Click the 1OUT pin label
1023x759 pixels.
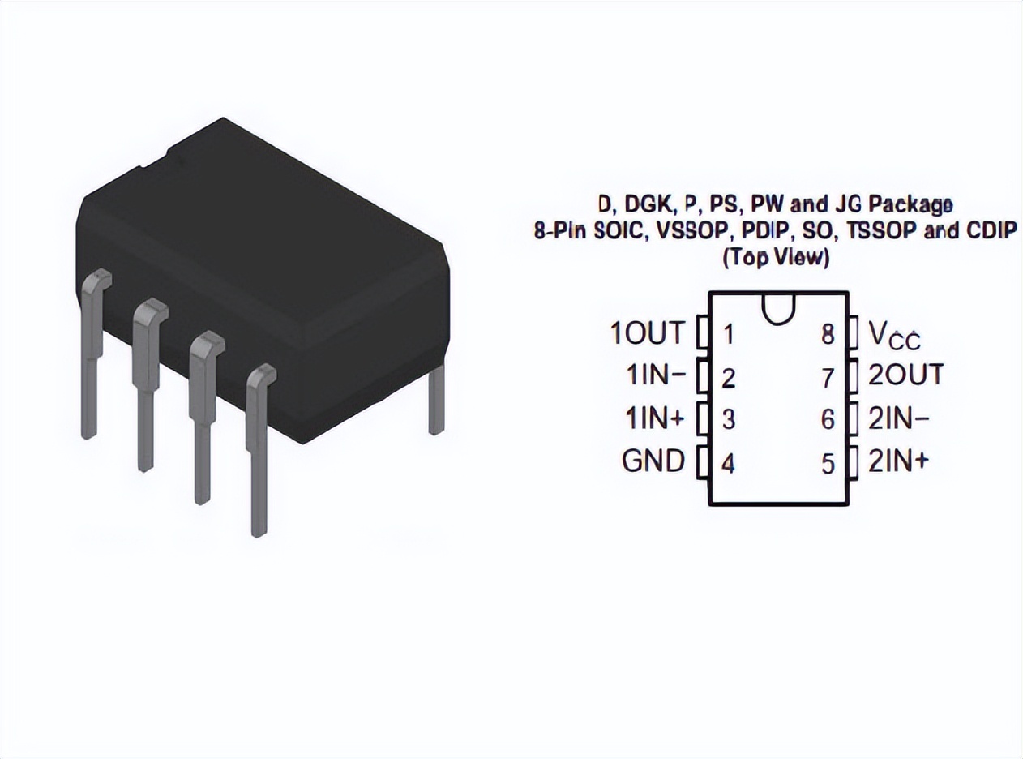[x=647, y=332]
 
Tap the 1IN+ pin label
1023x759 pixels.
[x=655, y=418]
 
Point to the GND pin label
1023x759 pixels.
[x=653, y=461]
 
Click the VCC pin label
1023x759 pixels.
[x=894, y=333]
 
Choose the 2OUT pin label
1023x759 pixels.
[x=905, y=375]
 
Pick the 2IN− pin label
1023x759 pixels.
[x=899, y=418]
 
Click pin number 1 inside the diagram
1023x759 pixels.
[x=728, y=334]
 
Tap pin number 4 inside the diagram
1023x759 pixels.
[x=728, y=465]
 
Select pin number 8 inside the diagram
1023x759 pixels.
[x=828, y=334]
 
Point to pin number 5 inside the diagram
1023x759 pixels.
[x=828, y=465]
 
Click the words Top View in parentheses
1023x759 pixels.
[x=776, y=258]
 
